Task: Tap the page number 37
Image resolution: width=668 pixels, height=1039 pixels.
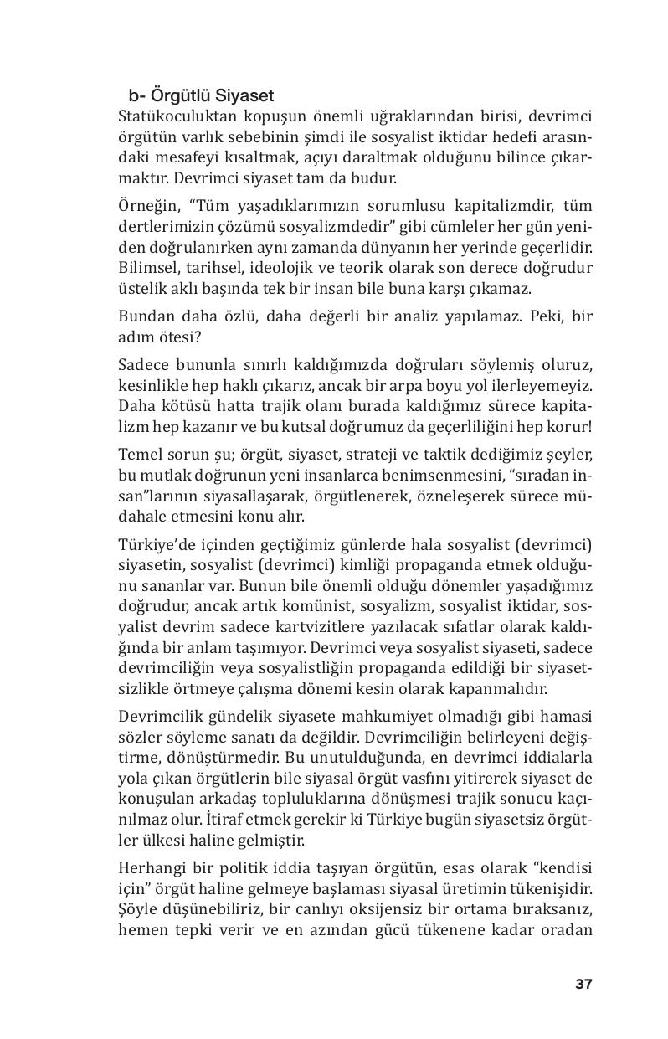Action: pyautogui.click(x=583, y=984)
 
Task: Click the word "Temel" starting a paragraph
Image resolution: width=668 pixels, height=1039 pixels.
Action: pyautogui.click(x=140, y=455)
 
